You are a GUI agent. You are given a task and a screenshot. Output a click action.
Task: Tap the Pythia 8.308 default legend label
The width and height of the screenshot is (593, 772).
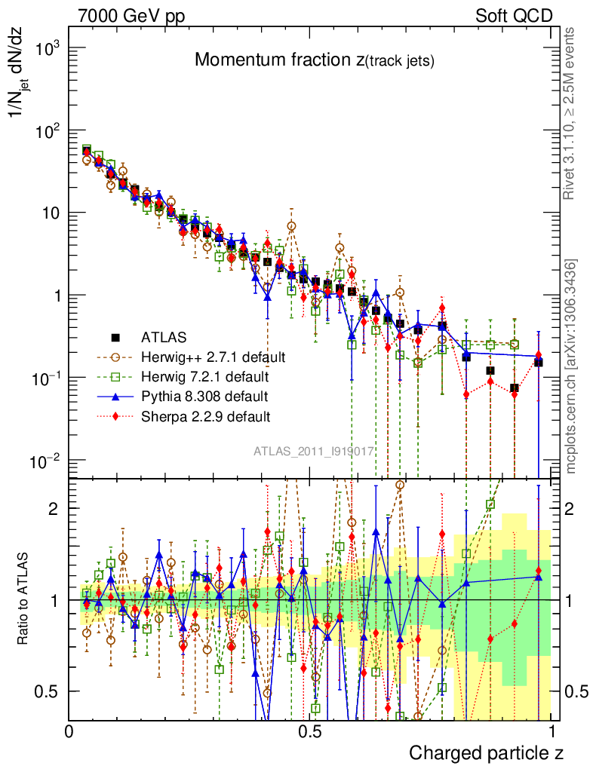point(204,395)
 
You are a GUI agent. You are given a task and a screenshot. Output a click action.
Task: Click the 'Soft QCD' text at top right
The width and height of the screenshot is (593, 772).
point(514,15)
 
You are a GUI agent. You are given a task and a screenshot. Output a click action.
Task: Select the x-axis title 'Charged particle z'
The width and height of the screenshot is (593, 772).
point(486,752)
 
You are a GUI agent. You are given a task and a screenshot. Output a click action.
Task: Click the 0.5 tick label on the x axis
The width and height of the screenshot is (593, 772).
point(309,732)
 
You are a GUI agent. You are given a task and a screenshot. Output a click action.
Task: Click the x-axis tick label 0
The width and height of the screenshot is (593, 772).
point(69,732)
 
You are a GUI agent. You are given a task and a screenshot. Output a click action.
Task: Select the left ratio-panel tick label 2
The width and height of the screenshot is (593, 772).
point(54,508)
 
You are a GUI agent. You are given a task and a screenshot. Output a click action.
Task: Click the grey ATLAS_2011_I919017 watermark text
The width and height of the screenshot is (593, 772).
point(314,452)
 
